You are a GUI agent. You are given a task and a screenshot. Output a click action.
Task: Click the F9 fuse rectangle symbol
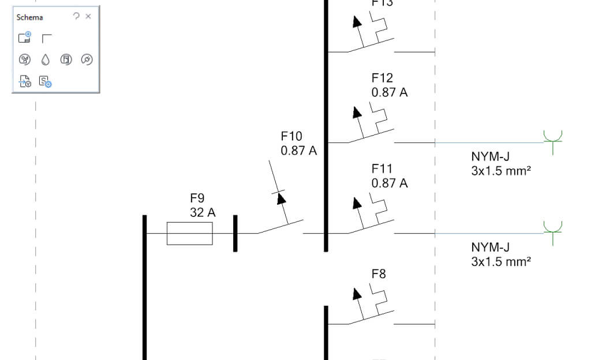[189, 233]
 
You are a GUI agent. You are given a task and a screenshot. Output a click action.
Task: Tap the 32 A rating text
[203, 212]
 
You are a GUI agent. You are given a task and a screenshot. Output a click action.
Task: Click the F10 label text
[291, 137]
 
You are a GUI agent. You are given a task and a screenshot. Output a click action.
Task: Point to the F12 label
[382, 77]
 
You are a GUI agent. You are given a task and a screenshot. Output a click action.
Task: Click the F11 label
[382, 169]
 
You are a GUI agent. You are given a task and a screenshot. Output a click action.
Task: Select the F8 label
[379, 274]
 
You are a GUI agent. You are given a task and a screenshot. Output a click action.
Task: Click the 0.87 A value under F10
[299, 151]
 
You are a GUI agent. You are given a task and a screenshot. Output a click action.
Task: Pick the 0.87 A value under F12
[390, 92]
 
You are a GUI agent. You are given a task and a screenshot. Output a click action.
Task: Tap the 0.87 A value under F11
[390, 183]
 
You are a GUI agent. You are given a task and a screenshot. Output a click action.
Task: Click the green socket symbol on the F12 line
[553, 138]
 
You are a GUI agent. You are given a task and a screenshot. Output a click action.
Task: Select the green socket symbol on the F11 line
[553, 229]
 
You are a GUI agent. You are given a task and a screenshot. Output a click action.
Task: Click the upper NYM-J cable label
[491, 156]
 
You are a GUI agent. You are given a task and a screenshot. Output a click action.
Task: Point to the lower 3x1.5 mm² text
[501, 261]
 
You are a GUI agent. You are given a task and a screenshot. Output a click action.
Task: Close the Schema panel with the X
[88, 17]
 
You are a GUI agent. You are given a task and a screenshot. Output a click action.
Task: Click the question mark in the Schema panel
[76, 17]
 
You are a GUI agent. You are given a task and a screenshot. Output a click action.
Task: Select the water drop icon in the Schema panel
[46, 59]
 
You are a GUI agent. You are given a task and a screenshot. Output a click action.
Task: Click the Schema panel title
[29, 18]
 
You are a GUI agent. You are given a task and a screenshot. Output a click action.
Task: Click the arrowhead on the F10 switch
[282, 198]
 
